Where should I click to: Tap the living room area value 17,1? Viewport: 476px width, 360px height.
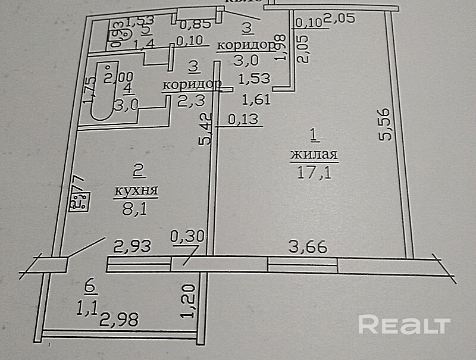tap(314, 173)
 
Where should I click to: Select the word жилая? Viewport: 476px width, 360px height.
tap(314, 156)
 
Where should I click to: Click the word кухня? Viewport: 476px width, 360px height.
tap(136, 191)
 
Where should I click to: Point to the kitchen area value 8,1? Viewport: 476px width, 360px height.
tap(136, 208)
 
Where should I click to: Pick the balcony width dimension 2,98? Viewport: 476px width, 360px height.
tap(119, 320)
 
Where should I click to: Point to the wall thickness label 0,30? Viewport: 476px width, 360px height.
tap(187, 236)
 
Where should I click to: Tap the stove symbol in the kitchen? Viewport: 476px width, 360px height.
tap(79, 201)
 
